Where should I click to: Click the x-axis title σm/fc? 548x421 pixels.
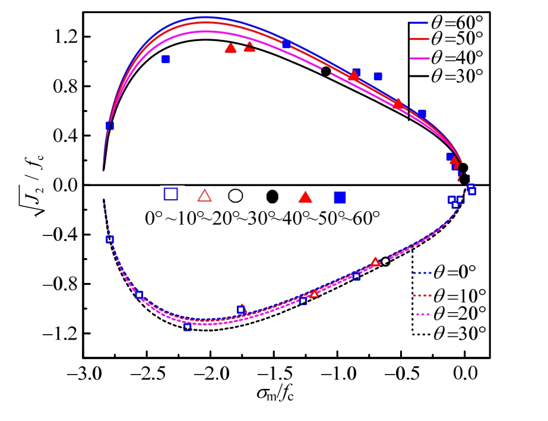274,395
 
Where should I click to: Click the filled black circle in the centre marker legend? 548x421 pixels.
273,196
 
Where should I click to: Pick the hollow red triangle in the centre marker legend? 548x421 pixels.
204,195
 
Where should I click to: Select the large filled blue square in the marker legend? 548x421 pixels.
340,197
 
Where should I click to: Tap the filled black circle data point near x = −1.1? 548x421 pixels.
326,71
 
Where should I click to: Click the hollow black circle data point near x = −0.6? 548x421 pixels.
385,261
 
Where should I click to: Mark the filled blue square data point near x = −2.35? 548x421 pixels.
166,59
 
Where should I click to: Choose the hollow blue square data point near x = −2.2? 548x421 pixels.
188,327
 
